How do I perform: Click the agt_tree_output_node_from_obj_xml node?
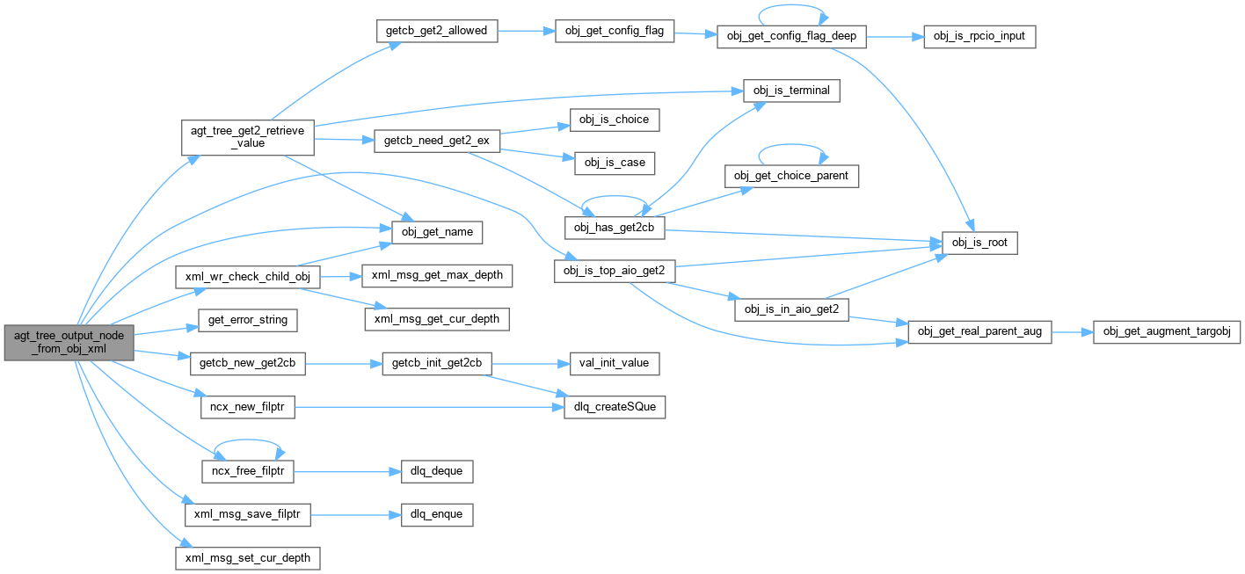click(x=69, y=343)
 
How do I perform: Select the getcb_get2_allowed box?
click(x=437, y=31)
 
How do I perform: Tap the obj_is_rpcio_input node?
click(x=979, y=37)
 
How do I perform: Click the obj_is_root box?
click(x=979, y=242)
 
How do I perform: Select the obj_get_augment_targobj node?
click(x=1166, y=332)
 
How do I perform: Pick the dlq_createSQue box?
click(x=615, y=407)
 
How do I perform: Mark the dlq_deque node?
click(x=437, y=471)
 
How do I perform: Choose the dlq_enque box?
click(x=437, y=514)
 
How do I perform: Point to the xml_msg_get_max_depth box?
click(x=437, y=275)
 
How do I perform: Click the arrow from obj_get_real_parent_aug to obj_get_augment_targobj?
click(x=1072, y=332)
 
